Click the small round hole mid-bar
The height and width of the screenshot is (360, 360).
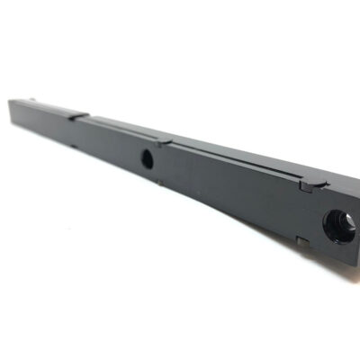148,159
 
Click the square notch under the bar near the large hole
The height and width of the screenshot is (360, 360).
303,241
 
